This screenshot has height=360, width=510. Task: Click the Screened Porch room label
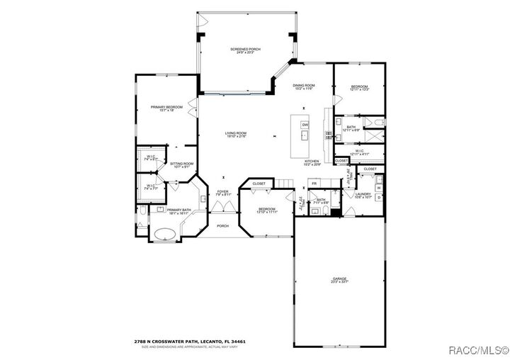(x=245, y=50)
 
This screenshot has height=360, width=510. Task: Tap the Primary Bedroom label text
(x=166, y=108)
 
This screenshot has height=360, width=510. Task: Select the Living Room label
(x=236, y=135)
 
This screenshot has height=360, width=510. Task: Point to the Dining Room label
(x=304, y=87)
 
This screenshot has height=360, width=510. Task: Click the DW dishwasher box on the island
(x=305, y=125)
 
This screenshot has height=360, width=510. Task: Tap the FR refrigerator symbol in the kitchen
(x=313, y=184)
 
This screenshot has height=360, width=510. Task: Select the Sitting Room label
(x=182, y=165)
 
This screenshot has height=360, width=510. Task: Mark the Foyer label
(x=223, y=193)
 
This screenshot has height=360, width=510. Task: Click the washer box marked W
(x=379, y=189)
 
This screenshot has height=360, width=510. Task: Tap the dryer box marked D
(x=379, y=197)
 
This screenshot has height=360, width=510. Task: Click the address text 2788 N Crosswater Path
(x=193, y=342)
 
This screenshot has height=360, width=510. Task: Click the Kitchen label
(x=312, y=162)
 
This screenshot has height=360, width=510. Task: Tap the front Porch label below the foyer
(x=222, y=226)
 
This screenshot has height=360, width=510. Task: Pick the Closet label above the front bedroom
(x=259, y=184)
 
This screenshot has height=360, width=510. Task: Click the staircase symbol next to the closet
(x=284, y=184)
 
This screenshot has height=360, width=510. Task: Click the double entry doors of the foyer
(x=223, y=207)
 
